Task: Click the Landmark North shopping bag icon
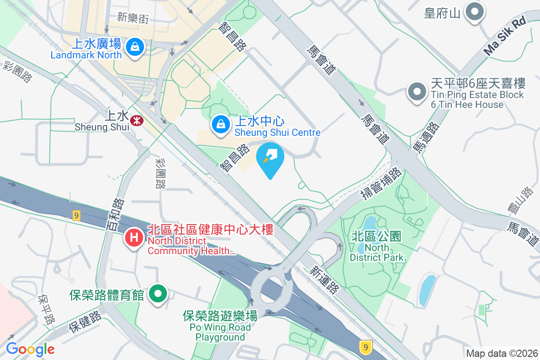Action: [134, 46]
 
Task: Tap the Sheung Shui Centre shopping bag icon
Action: [220, 123]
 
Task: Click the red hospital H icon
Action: [134, 237]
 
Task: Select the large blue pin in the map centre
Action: [270, 159]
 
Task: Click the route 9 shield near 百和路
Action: [76, 216]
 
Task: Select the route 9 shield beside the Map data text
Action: [366, 347]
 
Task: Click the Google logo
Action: [30, 349]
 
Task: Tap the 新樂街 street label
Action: [132, 18]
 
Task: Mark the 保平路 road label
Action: [47, 310]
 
